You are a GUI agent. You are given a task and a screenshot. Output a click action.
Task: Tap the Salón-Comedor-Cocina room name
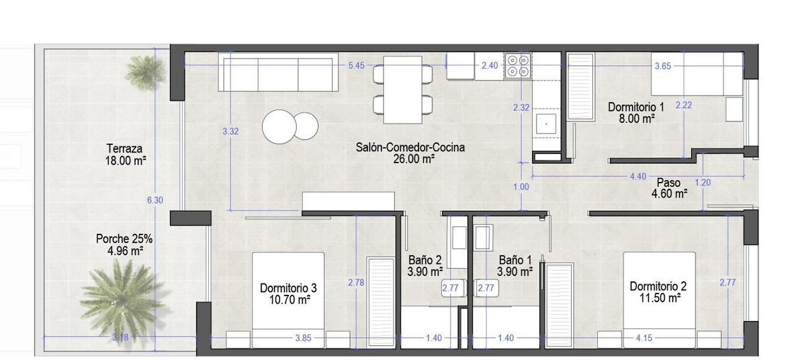[410, 147]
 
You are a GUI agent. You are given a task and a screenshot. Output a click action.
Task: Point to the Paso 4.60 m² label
[669, 188]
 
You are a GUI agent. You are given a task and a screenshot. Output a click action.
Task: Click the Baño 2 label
[425, 260]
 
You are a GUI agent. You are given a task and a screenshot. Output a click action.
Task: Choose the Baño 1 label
[515, 260]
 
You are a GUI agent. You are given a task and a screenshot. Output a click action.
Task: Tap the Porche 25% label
[124, 238]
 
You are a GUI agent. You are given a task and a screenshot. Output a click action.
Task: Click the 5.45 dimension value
[356, 65]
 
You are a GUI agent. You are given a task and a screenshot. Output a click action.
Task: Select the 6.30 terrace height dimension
[154, 200]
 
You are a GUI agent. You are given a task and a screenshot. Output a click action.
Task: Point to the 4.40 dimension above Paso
[638, 177]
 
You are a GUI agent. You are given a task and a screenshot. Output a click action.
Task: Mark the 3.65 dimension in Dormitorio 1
[663, 66]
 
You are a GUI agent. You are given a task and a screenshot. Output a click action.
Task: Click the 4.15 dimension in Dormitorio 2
[643, 338]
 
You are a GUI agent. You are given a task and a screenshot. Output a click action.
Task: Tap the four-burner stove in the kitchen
[518, 66]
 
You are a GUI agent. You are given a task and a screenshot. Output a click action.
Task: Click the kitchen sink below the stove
[546, 124]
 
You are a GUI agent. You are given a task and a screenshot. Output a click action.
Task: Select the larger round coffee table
[279, 126]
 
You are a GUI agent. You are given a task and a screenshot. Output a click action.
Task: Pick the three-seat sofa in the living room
[278, 72]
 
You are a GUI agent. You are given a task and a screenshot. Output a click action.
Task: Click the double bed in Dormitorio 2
[659, 300]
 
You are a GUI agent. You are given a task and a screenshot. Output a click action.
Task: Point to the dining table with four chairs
[402, 89]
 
